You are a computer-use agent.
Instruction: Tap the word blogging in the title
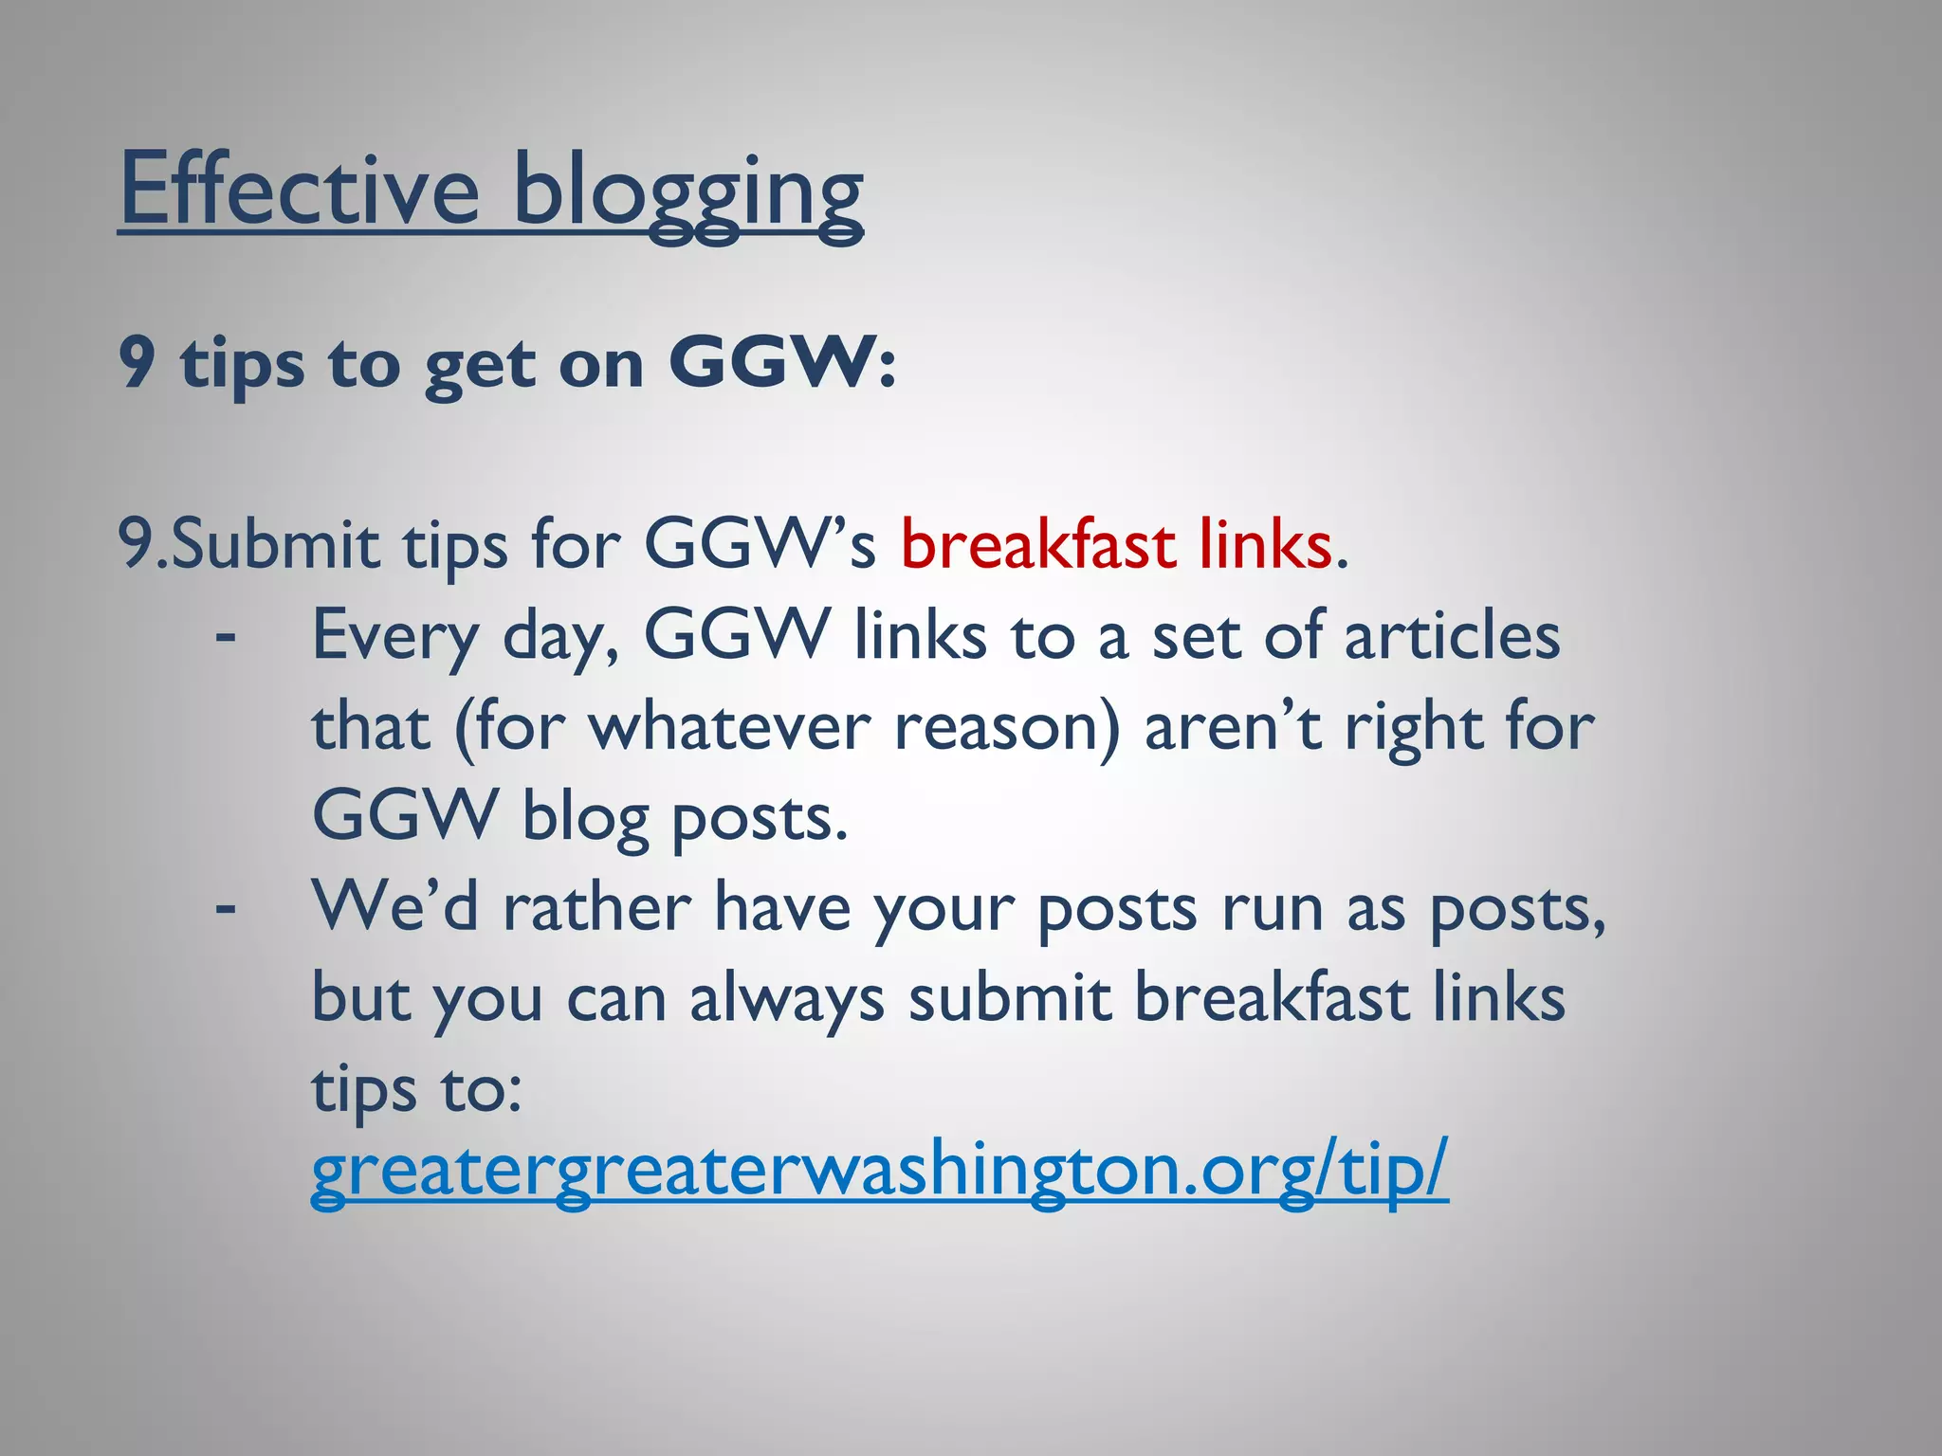687,194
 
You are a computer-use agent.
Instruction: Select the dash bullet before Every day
225,636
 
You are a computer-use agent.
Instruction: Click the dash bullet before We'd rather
225,908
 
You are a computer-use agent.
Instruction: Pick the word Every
395,636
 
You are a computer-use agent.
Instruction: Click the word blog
584,817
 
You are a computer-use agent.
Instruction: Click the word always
786,999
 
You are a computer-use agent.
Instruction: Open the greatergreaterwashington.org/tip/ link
879,1173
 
